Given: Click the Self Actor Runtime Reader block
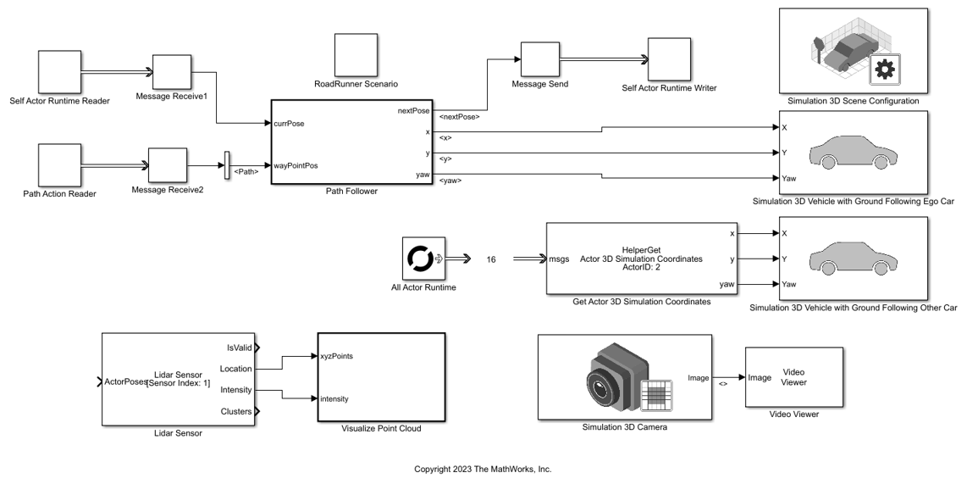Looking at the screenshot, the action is [x=60, y=71].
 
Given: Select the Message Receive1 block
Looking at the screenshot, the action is [x=172, y=72].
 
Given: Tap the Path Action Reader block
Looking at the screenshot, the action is [x=60, y=164].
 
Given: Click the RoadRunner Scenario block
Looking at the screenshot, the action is [x=356, y=55].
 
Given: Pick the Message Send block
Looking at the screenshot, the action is [x=540, y=59].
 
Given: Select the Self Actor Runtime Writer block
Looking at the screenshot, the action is [x=669, y=59].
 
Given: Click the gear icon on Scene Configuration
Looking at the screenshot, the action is [x=885, y=70].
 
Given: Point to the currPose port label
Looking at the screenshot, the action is [x=290, y=124].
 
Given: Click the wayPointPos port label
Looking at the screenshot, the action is [x=296, y=165].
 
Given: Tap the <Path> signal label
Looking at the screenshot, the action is [x=246, y=172].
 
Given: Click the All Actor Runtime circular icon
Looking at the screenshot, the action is [x=418, y=259].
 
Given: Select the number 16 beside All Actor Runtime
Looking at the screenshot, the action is [x=491, y=259].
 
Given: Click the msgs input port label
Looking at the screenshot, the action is [x=559, y=259].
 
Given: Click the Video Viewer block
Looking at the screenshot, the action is [x=794, y=377].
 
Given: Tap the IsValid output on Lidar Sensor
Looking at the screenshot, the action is [x=240, y=348].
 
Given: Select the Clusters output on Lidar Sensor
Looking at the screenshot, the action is [x=236, y=412].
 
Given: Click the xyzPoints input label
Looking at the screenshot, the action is [x=337, y=356].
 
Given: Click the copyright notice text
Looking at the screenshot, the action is [x=483, y=470].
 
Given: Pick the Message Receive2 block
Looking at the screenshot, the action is [x=168, y=165].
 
